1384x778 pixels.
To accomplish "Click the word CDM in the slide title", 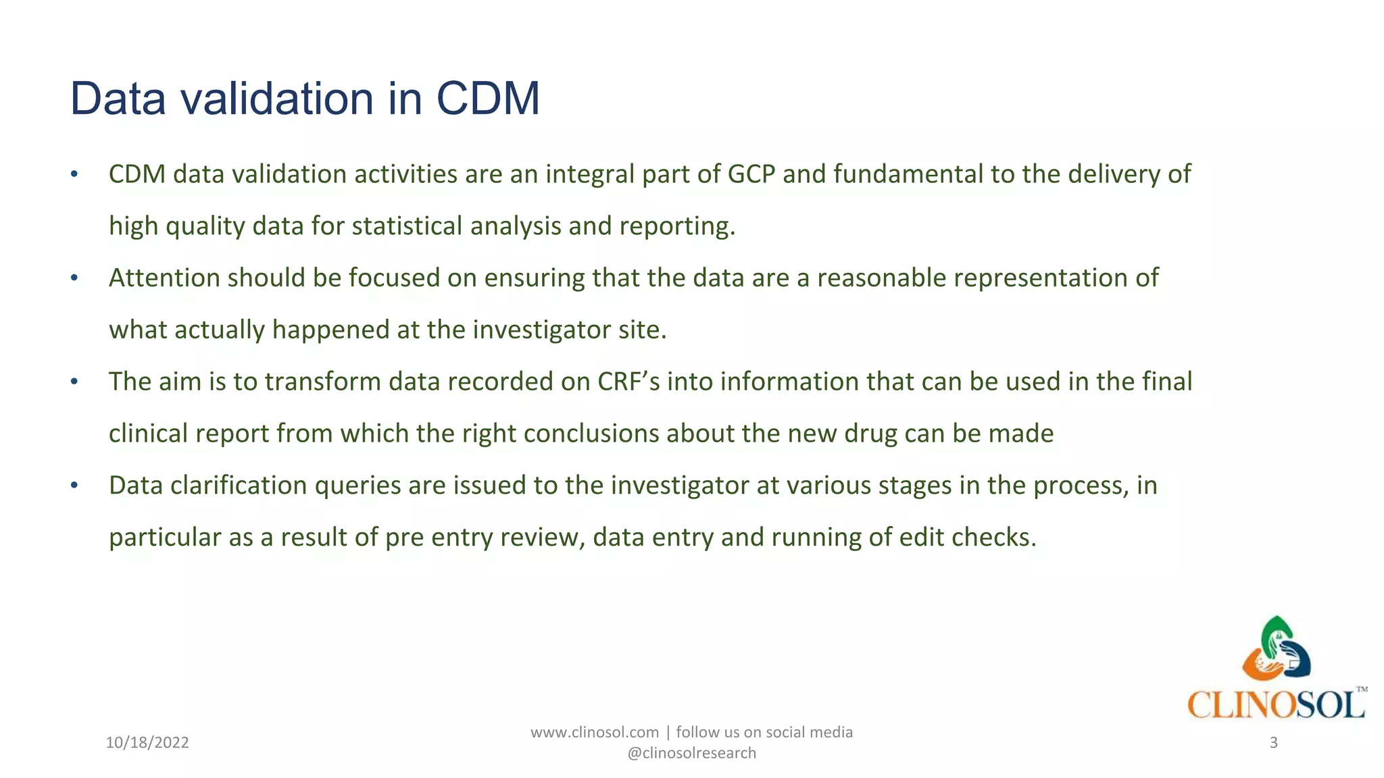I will click(487, 99).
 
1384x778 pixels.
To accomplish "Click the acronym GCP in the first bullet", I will click(751, 174).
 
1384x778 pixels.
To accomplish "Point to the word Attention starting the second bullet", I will click(164, 278).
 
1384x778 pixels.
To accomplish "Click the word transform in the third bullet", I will click(322, 382).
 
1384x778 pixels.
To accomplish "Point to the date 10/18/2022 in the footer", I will click(147, 743).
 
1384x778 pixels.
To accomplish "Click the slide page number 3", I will click(1273, 743).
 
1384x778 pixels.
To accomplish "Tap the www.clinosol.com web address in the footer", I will click(594, 732).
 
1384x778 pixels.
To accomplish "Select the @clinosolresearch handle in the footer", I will click(691, 753).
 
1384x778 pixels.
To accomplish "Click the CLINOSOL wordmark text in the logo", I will click(1276, 705).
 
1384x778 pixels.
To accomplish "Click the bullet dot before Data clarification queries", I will click(74, 486).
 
